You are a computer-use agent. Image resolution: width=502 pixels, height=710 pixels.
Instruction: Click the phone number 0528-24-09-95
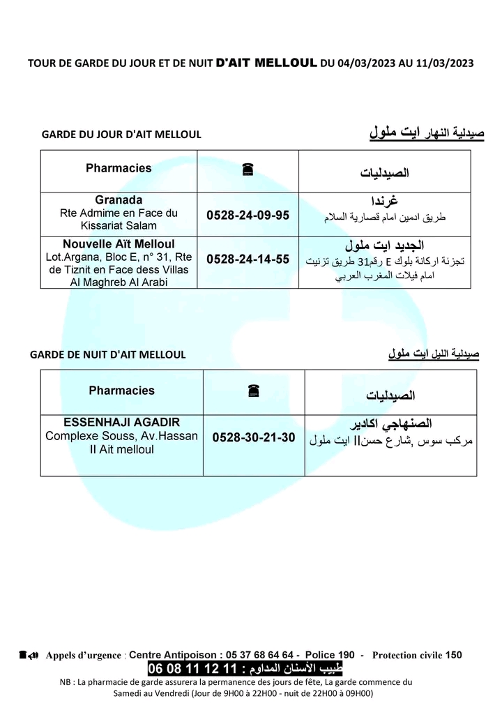(248, 216)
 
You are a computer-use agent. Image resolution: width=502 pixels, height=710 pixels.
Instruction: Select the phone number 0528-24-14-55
(248, 259)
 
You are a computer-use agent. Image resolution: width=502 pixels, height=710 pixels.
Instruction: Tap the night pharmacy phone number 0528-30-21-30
(254, 438)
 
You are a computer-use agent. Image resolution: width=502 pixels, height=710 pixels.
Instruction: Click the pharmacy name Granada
(119, 200)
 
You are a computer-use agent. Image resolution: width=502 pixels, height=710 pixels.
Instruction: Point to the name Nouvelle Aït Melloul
(119, 245)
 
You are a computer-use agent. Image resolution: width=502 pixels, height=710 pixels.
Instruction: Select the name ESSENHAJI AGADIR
(121, 423)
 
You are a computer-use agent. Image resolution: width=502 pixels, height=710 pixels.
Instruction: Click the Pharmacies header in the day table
(119, 168)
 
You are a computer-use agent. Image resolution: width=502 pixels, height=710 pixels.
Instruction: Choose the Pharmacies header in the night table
(121, 391)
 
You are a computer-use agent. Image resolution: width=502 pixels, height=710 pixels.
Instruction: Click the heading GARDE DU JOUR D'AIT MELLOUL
(121, 135)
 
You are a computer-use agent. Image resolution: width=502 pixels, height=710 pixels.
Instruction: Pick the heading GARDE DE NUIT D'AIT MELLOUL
(108, 354)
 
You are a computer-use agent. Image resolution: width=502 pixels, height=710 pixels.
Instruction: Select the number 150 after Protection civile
(453, 655)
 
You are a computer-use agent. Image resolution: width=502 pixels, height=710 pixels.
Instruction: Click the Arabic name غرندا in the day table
(385, 202)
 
